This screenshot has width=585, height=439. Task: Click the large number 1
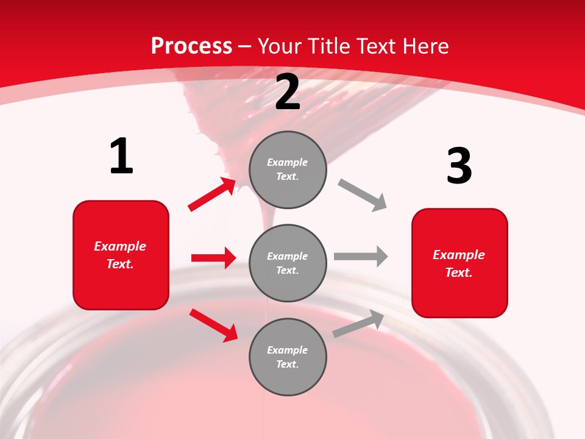click(x=121, y=157)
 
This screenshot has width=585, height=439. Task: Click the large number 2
click(x=288, y=93)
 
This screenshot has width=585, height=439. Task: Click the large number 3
click(x=459, y=166)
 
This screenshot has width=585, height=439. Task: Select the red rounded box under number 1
click(x=121, y=255)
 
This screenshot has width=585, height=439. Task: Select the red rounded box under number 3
click(x=459, y=263)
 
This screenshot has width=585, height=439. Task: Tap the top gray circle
click(x=288, y=170)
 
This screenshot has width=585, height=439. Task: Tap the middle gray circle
click(x=288, y=263)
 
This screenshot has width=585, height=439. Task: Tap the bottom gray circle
click(x=288, y=357)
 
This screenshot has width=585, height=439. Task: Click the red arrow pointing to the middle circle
click(x=213, y=258)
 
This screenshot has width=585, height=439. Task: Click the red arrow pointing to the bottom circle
click(x=213, y=324)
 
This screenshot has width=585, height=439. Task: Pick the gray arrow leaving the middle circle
click(x=360, y=257)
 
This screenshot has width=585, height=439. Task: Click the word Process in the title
click(x=191, y=46)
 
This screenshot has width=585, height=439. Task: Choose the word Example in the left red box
click(x=120, y=246)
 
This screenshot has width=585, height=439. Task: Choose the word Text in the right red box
click(x=458, y=273)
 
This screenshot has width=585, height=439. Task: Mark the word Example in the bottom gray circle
click(x=288, y=350)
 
